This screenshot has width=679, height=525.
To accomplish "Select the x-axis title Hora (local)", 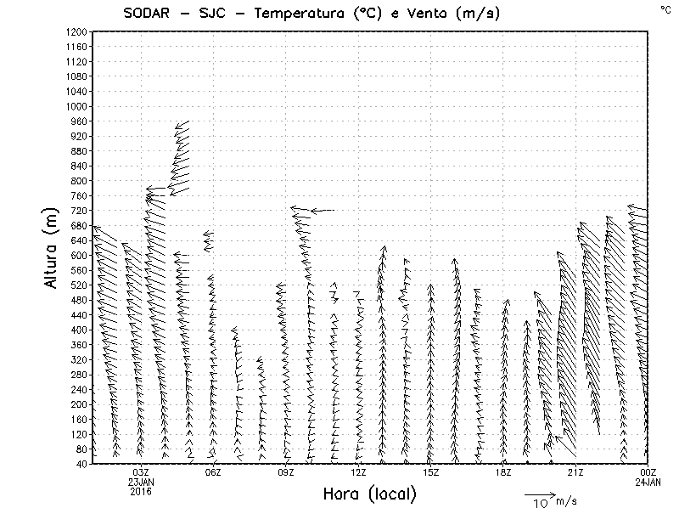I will click(x=369, y=494).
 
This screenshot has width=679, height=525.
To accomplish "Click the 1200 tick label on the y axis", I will click(x=76, y=31).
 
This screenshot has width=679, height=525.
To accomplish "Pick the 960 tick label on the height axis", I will click(x=79, y=121).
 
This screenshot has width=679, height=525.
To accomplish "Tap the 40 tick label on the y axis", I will click(x=81, y=464).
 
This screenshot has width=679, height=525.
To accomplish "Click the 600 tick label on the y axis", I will click(x=79, y=255).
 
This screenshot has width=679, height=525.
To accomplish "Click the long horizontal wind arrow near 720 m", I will click(x=323, y=210).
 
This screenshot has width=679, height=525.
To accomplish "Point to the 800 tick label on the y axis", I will click(x=79, y=180).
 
